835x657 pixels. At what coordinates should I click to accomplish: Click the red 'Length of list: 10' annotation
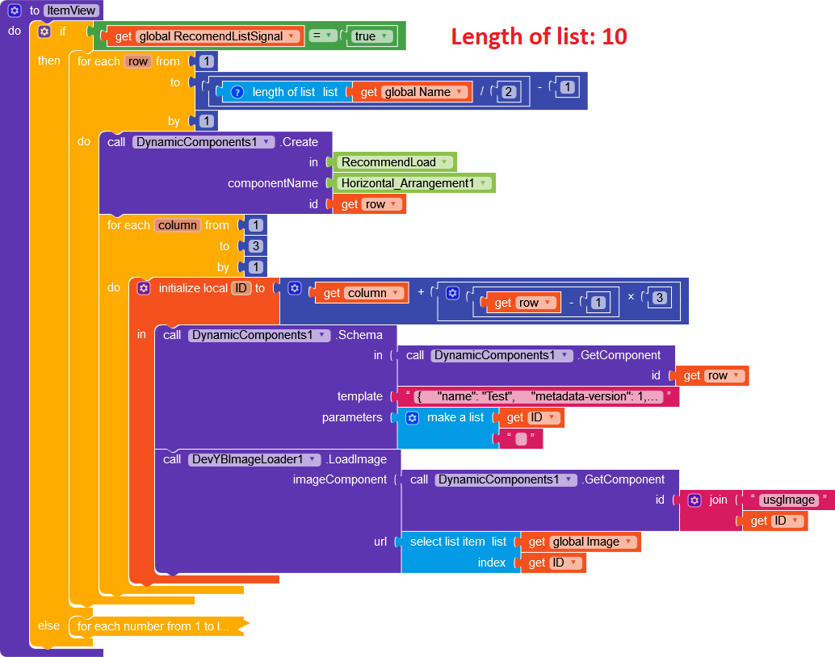click(x=539, y=37)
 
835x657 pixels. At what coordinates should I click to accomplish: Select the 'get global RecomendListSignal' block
click(x=205, y=36)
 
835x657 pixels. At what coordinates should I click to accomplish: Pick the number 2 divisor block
click(x=508, y=92)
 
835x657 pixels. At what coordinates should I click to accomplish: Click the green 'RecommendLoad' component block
click(x=394, y=162)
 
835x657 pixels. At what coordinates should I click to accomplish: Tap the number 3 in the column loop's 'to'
click(x=256, y=246)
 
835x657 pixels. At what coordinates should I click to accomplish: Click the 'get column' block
click(x=361, y=293)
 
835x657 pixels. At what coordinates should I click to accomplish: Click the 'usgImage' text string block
click(x=788, y=500)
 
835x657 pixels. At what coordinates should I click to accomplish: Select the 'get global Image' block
click(x=581, y=542)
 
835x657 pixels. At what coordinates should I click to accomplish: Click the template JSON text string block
click(x=538, y=396)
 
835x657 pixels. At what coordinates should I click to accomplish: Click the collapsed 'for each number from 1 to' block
click(x=153, y=626)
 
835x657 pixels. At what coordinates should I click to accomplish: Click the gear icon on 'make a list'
click(x=412, y=417)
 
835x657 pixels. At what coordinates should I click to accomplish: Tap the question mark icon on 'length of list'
click(x=237, y=92)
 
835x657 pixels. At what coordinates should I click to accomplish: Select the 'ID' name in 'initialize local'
click(x=241, y=288)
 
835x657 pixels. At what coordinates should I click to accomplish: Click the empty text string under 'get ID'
click(x=521, y=438)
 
